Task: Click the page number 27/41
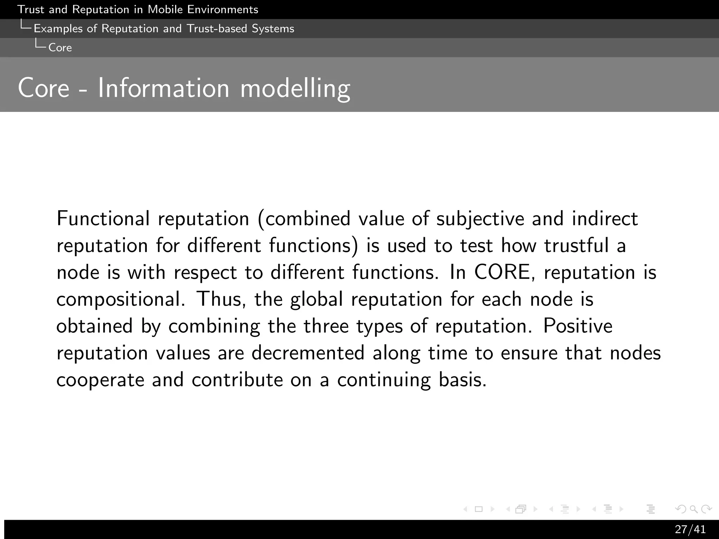coord(690,529)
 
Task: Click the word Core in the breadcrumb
coord(60,48)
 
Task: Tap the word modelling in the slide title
coord(295,88)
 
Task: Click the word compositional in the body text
coord(120,300)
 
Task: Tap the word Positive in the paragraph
coord(578,326)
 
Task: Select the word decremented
coord(308,353)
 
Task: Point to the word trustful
coord(576,245)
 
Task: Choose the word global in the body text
coord(316,300)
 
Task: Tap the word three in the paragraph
coord(326,326)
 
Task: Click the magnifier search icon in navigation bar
coord(693,509)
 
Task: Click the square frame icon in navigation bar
coord(479,509)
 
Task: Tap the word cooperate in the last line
coord(100,380)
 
